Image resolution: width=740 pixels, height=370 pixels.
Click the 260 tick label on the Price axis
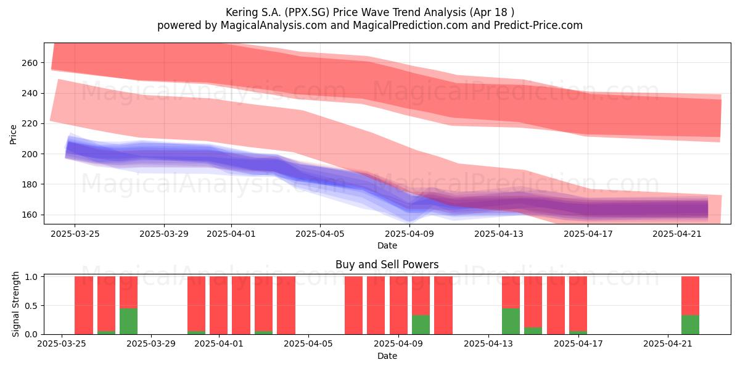30,63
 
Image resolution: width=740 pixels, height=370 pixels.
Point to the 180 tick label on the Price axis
30,184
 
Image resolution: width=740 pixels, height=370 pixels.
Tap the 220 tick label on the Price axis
30,123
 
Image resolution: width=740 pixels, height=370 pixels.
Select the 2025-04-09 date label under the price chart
409,234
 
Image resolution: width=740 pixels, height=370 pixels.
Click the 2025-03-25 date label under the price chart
75,234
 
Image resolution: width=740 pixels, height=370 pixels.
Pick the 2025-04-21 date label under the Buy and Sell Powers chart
668,344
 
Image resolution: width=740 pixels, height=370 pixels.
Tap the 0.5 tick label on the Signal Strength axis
31,306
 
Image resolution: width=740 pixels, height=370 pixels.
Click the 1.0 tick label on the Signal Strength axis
31,276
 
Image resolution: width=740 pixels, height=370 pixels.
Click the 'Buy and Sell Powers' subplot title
387,265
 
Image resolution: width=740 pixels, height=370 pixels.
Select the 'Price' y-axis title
13,135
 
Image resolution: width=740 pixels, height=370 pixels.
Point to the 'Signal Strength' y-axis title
15,304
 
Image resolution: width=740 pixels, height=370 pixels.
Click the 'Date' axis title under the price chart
387,245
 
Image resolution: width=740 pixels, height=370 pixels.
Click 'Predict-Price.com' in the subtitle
538,25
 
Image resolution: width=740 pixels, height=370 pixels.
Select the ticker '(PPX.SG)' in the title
308,12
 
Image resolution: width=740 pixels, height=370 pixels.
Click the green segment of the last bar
690,325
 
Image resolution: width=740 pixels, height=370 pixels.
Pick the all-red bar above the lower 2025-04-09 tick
398,305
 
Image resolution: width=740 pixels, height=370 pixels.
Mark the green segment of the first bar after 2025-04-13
511,321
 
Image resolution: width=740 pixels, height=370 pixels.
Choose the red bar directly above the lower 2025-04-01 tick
218,305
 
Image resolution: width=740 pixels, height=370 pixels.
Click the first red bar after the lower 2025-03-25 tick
84,305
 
